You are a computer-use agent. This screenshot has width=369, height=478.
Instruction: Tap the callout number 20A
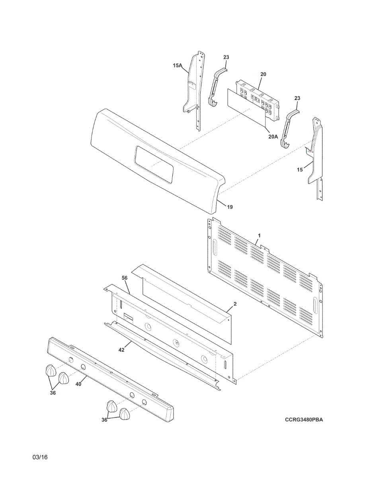pos(273,136)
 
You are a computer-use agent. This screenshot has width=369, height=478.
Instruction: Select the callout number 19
pos(230,207)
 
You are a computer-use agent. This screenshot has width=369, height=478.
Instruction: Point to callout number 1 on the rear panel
pos(259,236)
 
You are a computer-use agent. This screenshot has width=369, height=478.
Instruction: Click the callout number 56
pos(125,277)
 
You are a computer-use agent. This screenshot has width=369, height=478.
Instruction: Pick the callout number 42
pos(121,350)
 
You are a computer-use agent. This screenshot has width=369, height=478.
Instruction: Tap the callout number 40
pos(78,384)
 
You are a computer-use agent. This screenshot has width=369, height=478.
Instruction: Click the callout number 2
pos(235,304)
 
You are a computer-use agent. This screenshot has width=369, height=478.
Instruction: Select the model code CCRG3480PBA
pos(304,419)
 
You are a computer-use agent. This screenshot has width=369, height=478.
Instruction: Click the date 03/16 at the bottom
pos(40,457)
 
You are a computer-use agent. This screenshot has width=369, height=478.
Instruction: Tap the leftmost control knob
pos(50,370)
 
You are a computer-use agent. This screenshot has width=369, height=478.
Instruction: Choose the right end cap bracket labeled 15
pos(316,155)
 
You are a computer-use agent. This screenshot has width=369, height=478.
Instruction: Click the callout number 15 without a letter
pos(300,170)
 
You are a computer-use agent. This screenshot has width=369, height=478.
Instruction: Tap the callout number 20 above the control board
pos(263,74)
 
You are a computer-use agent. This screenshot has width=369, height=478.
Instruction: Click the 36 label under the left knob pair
pos(53,393)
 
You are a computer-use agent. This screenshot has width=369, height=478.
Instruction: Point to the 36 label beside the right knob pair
pos(104,419)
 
